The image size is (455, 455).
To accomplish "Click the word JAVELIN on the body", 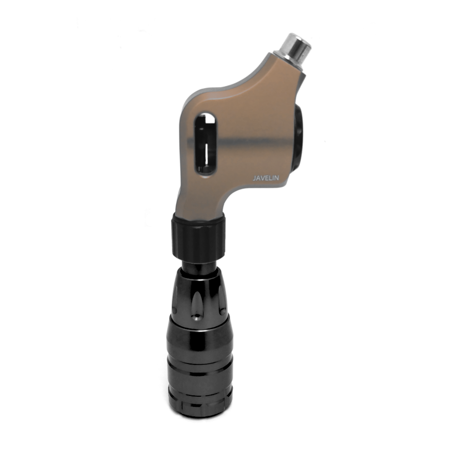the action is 266,178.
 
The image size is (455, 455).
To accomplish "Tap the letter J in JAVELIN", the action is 254,178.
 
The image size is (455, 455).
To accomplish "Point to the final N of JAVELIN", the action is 277,178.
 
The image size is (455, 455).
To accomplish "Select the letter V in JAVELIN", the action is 263,178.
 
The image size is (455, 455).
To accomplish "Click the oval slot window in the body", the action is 205,144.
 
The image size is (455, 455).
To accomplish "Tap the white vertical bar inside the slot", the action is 207,153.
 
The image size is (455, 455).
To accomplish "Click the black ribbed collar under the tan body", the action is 198,236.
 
